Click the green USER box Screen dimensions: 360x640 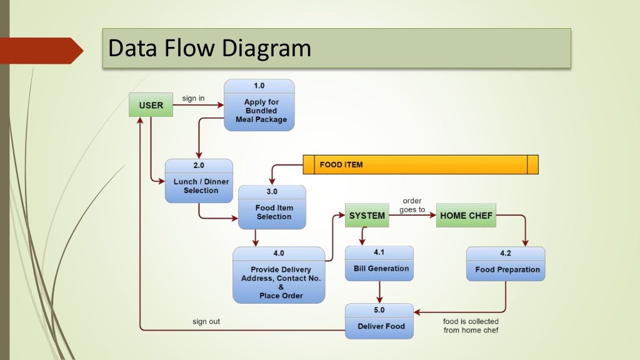point(151,105)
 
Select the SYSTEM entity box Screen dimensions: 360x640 point(367,216)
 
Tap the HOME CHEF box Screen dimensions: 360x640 point(466,216)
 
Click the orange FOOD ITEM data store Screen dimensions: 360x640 point(420,164)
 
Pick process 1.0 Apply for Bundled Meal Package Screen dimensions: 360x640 point(259,105)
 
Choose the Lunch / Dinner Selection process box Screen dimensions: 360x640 point(199,181)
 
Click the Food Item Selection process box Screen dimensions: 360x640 point(272,207)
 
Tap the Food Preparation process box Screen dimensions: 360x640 point(505,264)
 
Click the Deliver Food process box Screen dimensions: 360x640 point(379,321)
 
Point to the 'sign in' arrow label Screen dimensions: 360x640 point(193,98)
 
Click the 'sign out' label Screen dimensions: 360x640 point(206,322)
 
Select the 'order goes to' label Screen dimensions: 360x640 point(411,206)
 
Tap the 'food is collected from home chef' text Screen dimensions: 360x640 point(471,326)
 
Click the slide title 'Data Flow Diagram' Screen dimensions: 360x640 point(209,48)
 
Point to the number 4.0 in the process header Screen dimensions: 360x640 point(279,253)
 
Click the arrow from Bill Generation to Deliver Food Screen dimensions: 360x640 point(379,291)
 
